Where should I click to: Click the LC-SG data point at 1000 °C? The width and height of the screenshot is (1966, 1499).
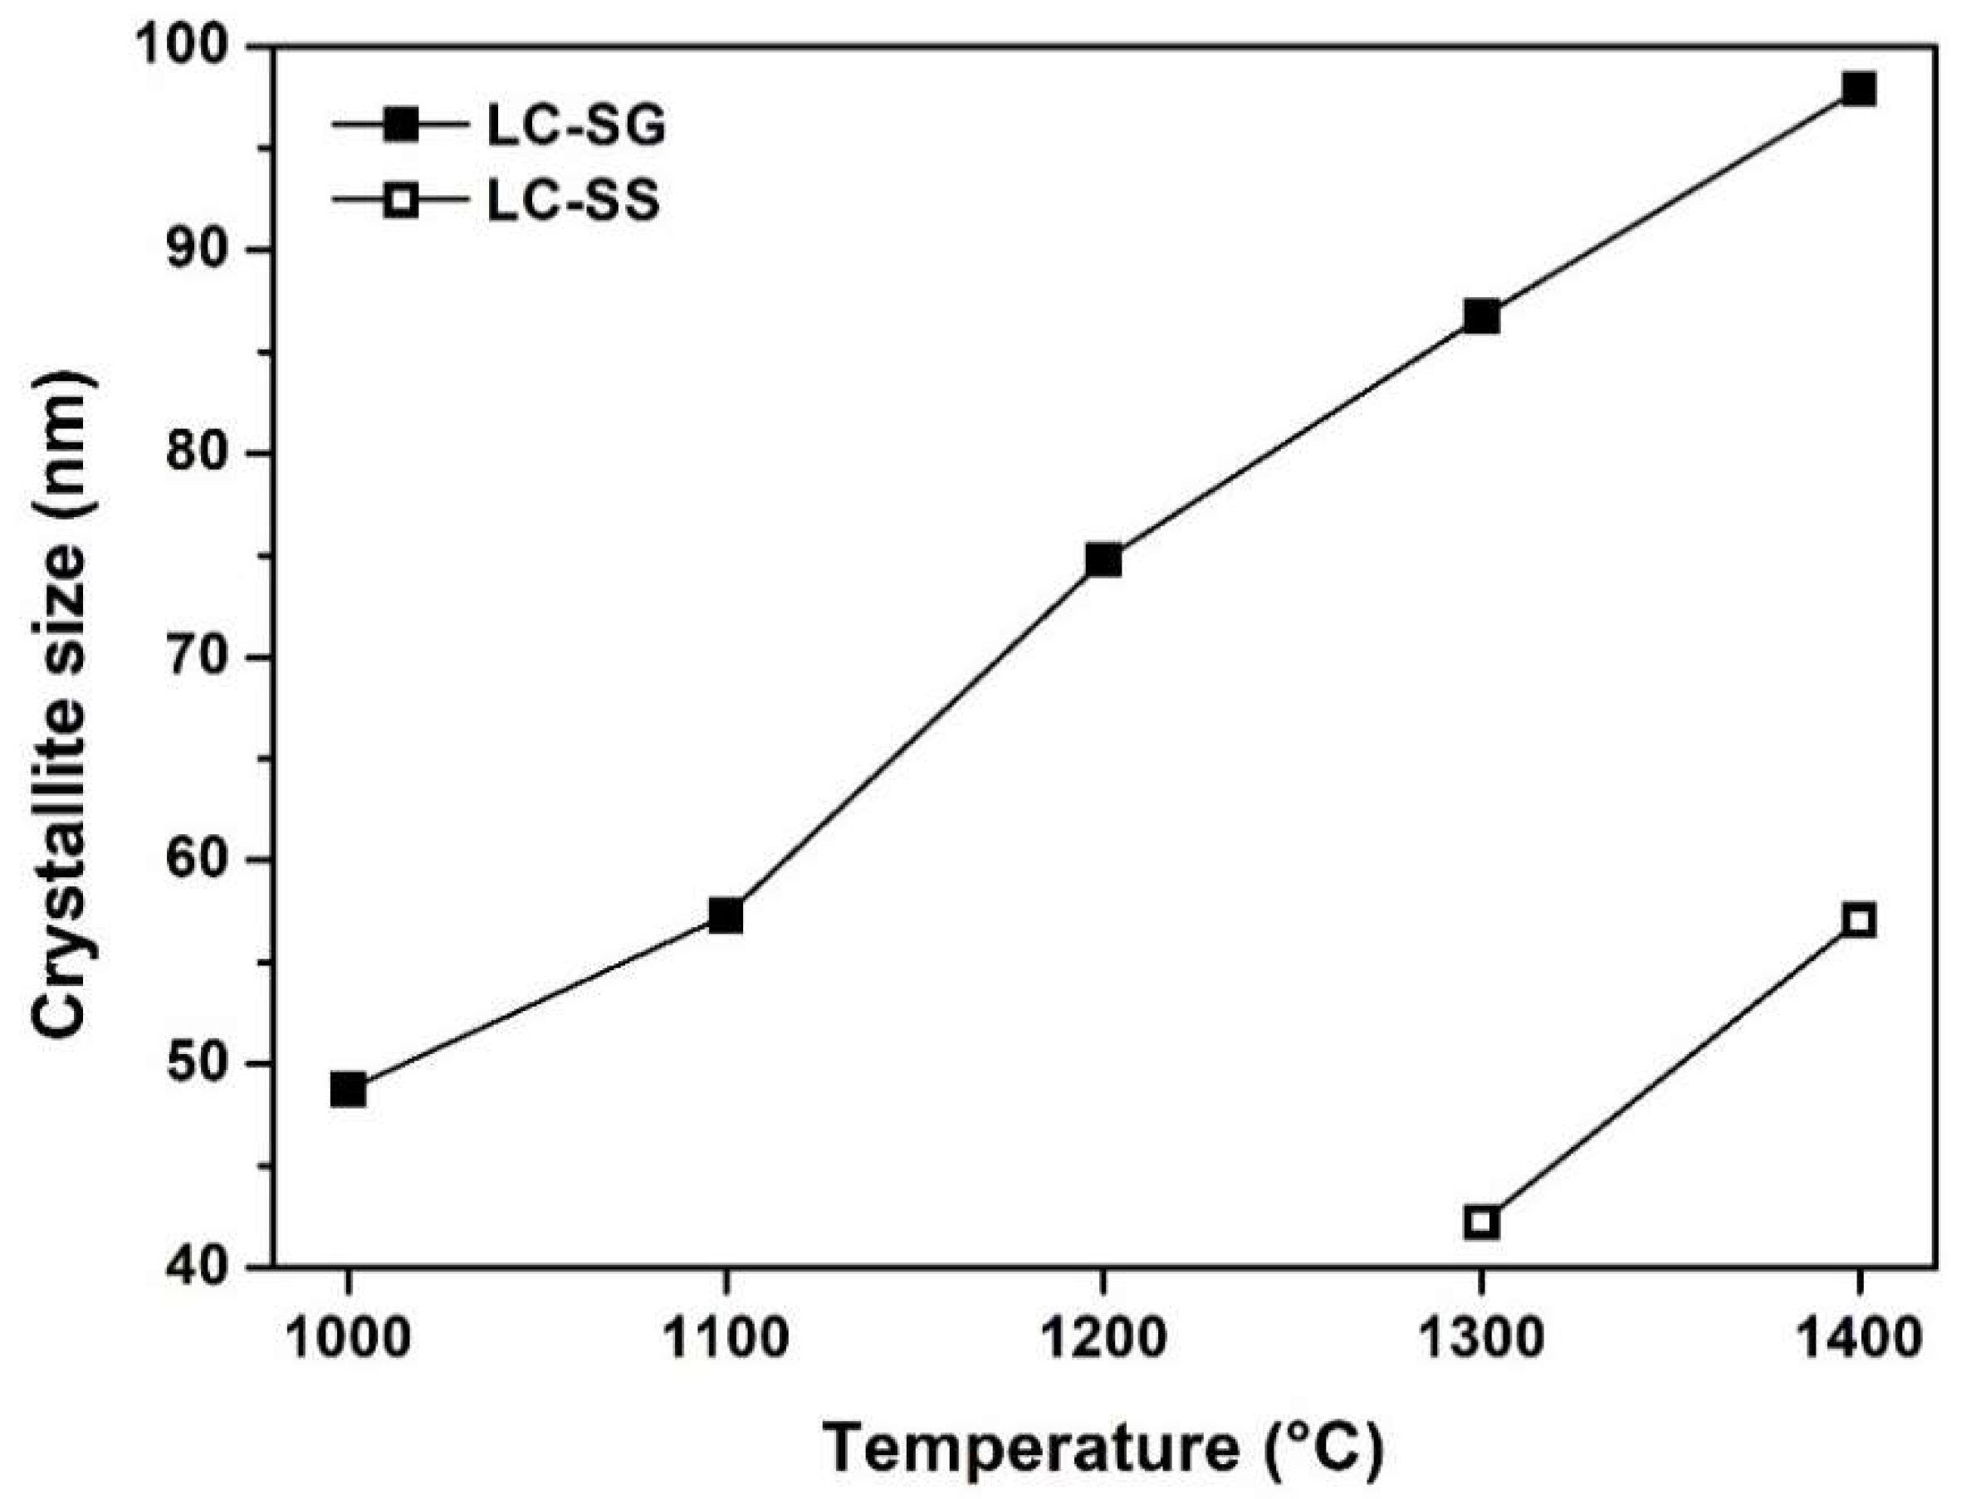pyautogui.click(x=347, y=1091)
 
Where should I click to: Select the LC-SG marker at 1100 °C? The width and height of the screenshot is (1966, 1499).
pyautogui.click(x=726, y=916)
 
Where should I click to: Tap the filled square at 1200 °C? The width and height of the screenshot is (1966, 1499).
pyautogui.click(x=1103, y=560)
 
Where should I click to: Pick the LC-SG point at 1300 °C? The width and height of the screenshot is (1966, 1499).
pyautogui.click(x=1481, y=317)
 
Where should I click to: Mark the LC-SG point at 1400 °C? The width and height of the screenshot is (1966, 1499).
pyautogui.click(x=1860, y=90)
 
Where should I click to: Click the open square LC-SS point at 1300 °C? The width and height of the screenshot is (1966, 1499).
pyautogui.click(x=1481, y=1222)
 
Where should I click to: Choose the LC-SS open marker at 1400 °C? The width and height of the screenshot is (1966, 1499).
pyautogui.click(x=1860, y=920)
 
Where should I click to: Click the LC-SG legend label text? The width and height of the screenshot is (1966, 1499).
pyautogui.click(x=575, y=127)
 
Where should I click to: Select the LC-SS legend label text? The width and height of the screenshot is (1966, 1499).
pyautogui.click(x=573, y=202)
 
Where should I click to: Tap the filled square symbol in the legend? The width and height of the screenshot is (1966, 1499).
pyautogui.click(x=401, y=127)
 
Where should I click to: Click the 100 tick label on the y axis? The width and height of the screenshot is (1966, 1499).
pyautogui.click(x=195, y=46)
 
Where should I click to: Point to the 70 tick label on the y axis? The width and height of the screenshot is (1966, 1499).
pyautogui.click(x=210, y=657)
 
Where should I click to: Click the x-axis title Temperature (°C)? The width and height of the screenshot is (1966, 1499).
pyautogui.click(x=1103, y=1448)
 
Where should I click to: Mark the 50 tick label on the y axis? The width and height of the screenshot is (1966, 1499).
pyautogui.click(x=210, y=1063)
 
